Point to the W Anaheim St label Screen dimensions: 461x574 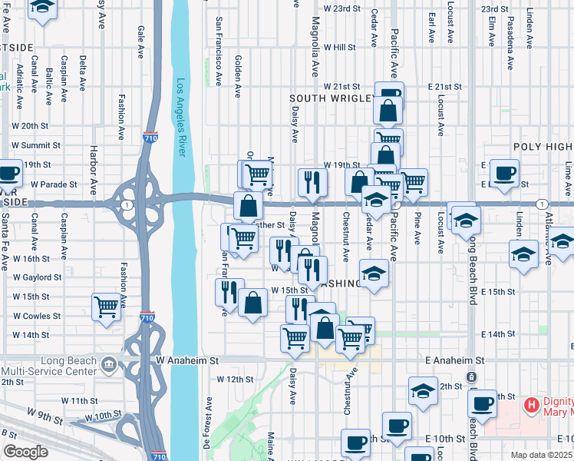coord(187,360)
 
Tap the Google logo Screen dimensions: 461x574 coord(25,452)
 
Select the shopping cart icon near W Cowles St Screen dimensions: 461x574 coord(106,306)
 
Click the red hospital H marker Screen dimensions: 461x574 coord(530,404)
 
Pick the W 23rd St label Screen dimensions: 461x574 coord(341,8)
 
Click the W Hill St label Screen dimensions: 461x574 coord(339,47)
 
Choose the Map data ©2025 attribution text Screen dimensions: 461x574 coord(542,455)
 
